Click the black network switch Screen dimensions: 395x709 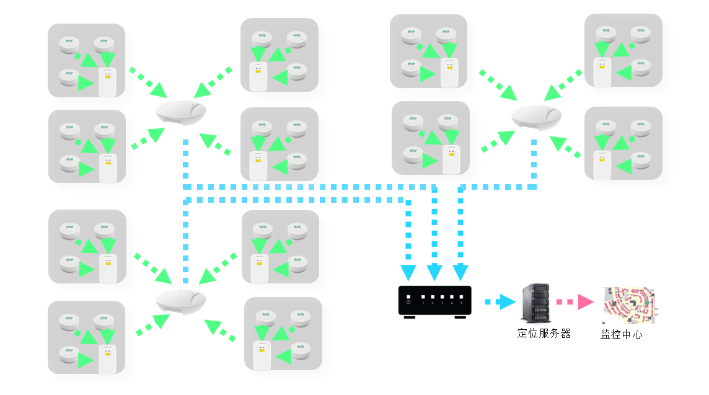tap(434, 301)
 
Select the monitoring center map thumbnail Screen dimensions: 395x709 tap(629, 305)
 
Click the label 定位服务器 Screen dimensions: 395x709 tap(544, 334)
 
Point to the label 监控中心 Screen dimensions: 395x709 tap(621, 335)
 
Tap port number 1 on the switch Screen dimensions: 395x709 tap(423, 303)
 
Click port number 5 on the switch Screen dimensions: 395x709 tap(461, 303)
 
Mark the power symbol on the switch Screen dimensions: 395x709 tap(408, 303)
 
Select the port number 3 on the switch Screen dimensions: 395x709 tap(442, 303)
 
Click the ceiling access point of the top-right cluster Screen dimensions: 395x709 tap(537, 116)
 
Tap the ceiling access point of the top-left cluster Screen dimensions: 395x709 tap(181, 112)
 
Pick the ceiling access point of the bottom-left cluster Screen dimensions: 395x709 tap(180, 301)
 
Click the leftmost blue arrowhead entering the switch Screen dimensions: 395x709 tap(408, 272)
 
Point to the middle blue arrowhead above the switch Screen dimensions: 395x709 tap(434, 272)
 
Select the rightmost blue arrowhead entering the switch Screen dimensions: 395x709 tap(460, 272)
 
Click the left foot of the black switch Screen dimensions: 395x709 tap(409, 317)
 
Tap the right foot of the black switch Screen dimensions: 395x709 tap(460, 317)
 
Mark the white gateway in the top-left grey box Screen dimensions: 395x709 tap(107, 82)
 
